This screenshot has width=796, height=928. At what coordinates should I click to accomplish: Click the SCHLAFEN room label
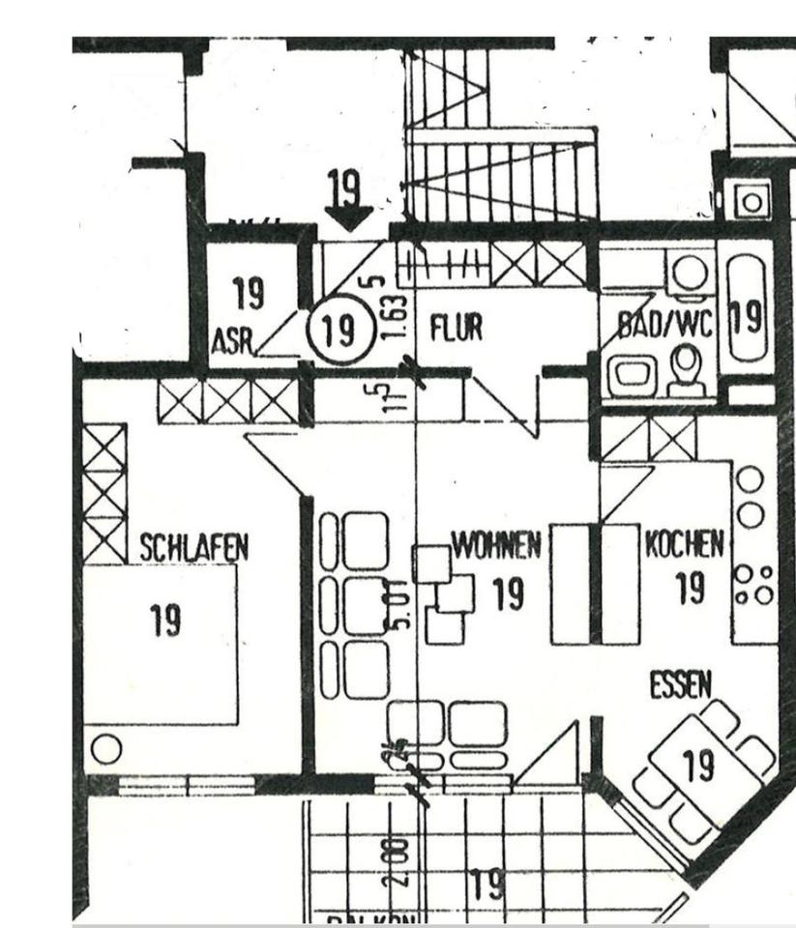[x=194, y=548]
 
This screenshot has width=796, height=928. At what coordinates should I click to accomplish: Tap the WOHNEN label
[x=496, y=547]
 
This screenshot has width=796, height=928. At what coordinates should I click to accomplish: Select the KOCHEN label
[x=684, y=544]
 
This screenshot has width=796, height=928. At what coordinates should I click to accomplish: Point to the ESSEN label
[x=680, y=686]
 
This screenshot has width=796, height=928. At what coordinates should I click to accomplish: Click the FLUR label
[x=456, y=330]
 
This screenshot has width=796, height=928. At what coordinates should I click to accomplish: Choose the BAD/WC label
[x=664, y=326]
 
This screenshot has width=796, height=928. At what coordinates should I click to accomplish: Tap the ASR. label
[x=233, y=343]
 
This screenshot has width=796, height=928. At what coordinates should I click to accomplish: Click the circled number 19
[x=338, y=330]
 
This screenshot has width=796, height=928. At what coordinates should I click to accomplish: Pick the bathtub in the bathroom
[x=746, y=314]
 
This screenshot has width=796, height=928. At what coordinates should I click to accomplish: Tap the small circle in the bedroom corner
[x=106, y=748]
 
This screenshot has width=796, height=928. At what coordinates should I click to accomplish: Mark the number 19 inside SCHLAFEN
[x=165, y=620]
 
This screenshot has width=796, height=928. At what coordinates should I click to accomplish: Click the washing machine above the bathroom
[x=752, y=201]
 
